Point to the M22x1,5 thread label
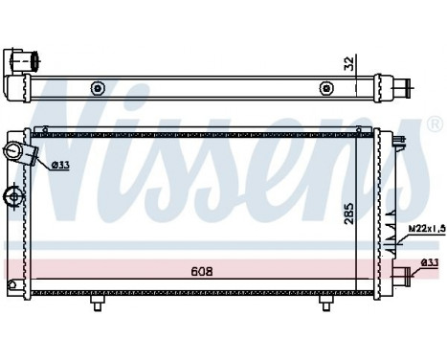point(422,229)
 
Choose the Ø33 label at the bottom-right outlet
point(432,263)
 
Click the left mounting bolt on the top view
point(97,90)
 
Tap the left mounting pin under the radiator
point(97,302)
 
